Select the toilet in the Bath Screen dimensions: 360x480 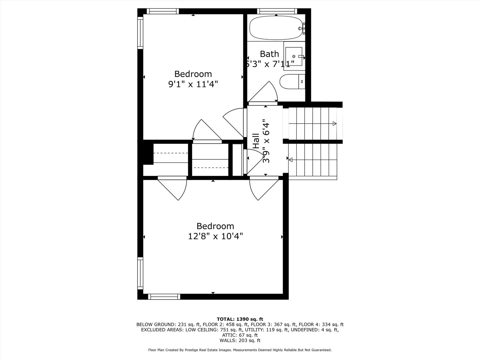[x=292, y=82]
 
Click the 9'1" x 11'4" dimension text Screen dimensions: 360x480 [x=193, y=84]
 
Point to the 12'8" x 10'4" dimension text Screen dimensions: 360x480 [x=215, y=236]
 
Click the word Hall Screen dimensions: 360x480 [x=256, y=141]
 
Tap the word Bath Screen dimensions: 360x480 [x=269, y=54]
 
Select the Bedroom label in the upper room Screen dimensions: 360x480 [x=193, y=74]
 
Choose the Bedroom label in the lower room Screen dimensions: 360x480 [x=215, y=226]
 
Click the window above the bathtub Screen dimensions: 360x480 [x=277, y=11]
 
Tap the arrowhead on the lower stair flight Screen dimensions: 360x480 [x=290, y=160]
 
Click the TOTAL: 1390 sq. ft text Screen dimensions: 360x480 [x=240, y=319]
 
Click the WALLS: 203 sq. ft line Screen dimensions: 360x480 [x=240, y=340]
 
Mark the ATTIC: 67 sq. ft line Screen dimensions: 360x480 [x=240, y=335]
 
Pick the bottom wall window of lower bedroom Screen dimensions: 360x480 [x=164, y=296]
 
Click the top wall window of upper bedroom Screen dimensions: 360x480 [x=163, y=11]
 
